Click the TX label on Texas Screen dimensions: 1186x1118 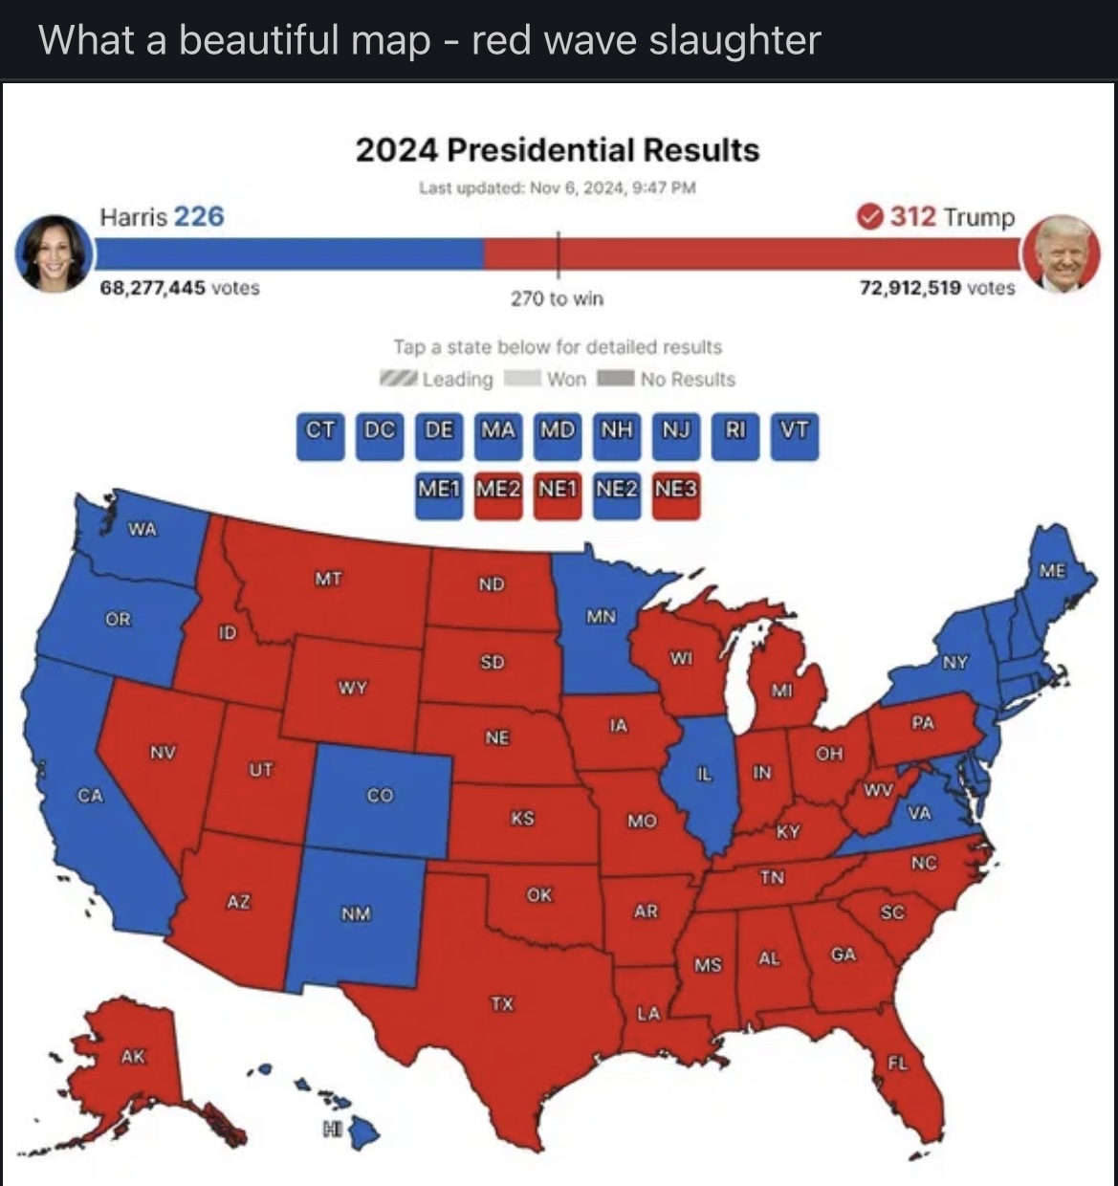point(502,1003)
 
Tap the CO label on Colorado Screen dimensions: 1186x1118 point(380,795)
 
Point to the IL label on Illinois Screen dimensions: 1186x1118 point(703,774)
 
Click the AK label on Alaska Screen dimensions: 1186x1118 point(133,1056)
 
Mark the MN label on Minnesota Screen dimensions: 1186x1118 point(601,617)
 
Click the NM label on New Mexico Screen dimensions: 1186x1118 point(356,913)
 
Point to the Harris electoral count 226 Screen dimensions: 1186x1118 point(199,216)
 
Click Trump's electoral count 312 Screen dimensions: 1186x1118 point(913,216)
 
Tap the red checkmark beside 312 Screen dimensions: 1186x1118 point(868,217)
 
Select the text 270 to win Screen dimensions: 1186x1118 point(557,298)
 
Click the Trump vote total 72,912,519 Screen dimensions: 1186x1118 point(910,288)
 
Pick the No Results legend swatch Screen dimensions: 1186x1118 point(616,379)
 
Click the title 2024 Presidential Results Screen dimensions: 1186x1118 point(558,150)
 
